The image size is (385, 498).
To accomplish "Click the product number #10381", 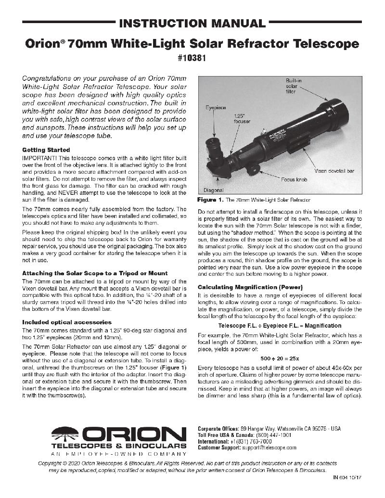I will tap(192, 61).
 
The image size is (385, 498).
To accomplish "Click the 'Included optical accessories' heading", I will tap(67, 322).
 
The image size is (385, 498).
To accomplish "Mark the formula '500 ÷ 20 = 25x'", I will tap(279, 358).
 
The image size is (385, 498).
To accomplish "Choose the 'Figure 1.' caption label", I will tap(210, 199).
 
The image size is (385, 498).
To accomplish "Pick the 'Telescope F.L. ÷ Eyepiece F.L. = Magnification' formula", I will tap(279, 326).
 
